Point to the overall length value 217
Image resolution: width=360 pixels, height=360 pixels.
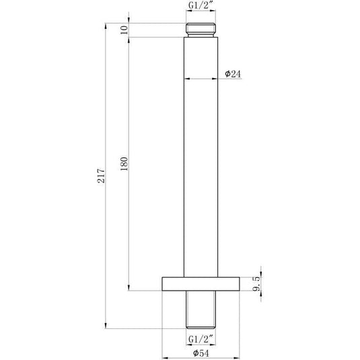[100, 176]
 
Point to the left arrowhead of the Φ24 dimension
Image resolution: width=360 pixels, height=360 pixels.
[186, 78]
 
